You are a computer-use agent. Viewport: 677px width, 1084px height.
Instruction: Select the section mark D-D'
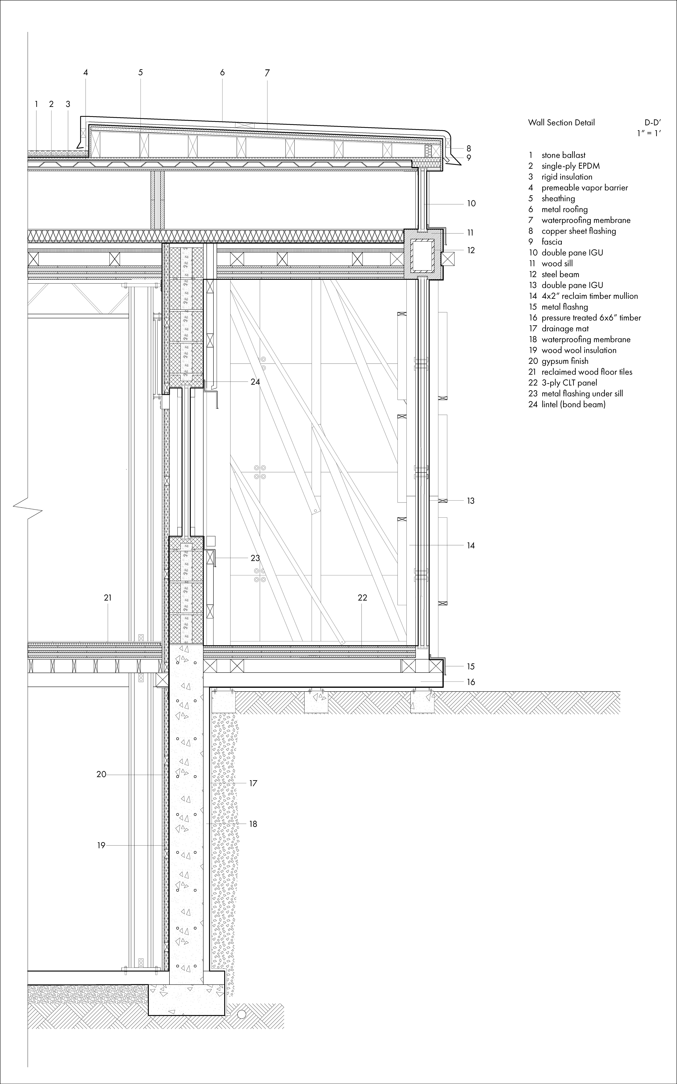[652, 122]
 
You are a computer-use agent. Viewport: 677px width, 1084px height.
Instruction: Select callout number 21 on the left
[108, 598]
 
